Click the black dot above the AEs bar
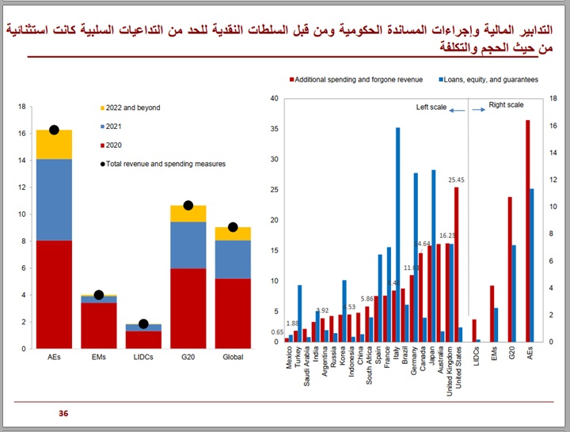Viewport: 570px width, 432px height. click(54, 130)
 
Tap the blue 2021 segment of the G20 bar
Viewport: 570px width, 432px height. click(188, 244)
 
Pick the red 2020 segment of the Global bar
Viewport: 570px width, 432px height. click(233, 313)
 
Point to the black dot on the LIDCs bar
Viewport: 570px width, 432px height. click(143, 324)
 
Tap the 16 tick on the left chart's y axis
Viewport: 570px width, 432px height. click(21, 134)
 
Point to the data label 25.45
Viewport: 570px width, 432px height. click(456, 180)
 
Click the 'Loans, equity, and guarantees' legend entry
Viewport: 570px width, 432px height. click(488, 80)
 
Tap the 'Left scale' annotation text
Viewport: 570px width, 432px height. click(432, 107)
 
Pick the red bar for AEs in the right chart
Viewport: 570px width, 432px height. click(528, 231)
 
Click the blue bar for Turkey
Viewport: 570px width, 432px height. click(299, 313)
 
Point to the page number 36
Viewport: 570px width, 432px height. click(63, 414)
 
